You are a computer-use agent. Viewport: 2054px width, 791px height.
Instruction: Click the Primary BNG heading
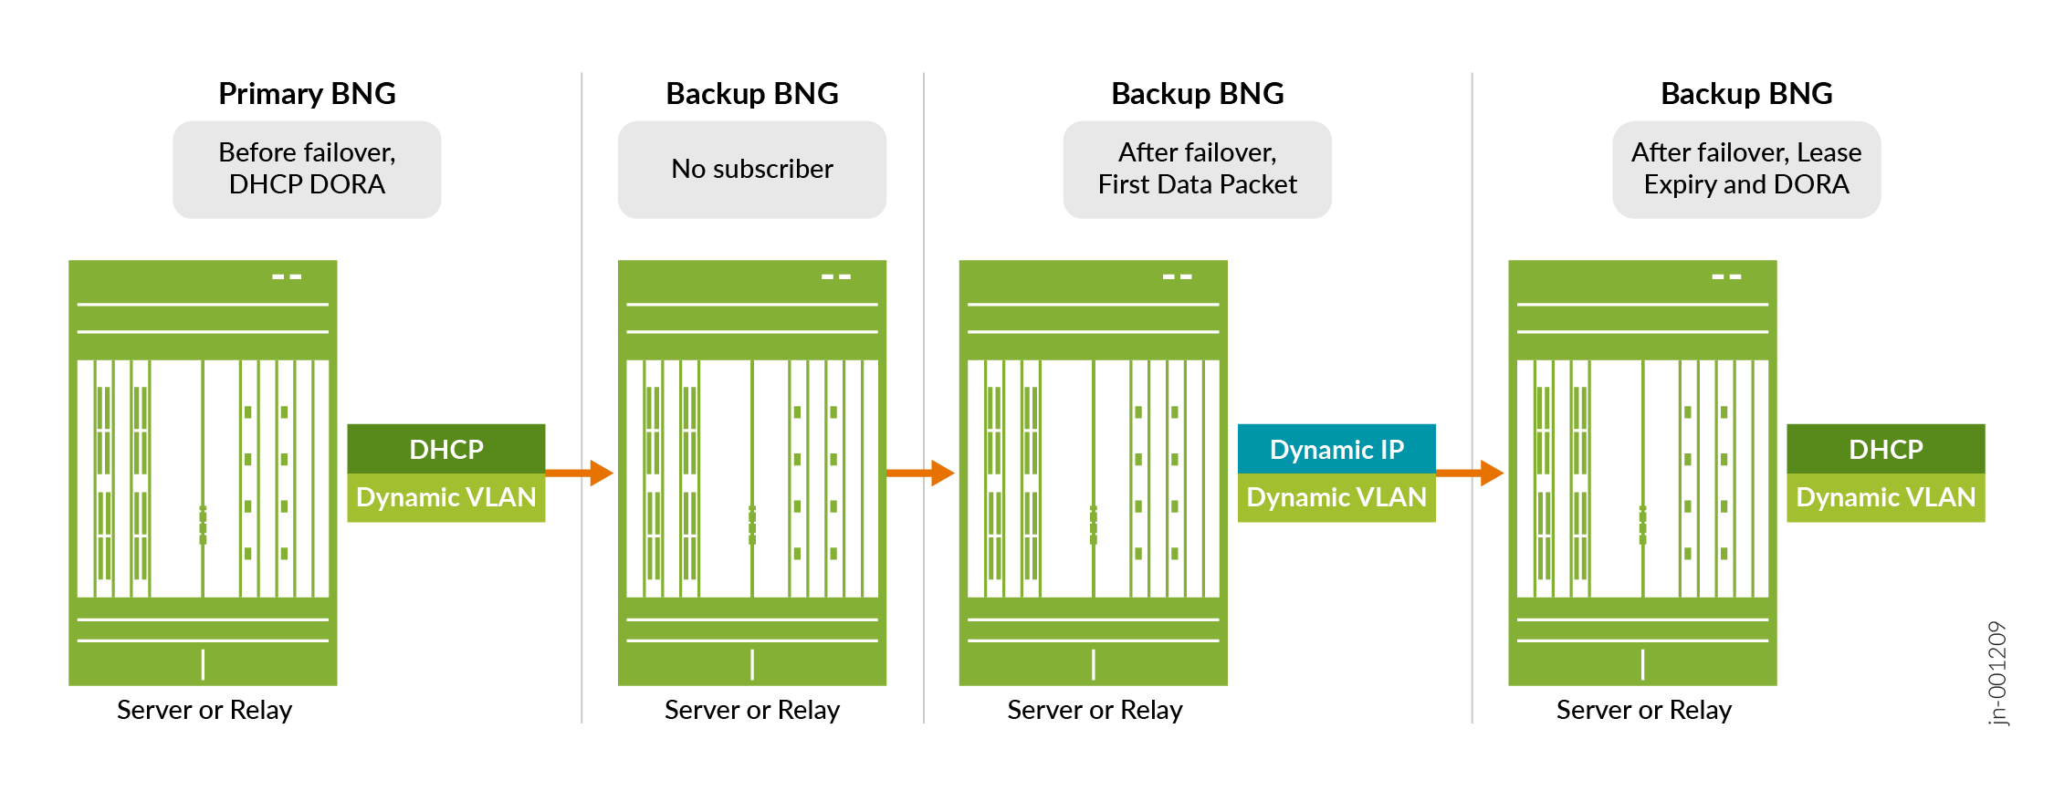coord(307,94)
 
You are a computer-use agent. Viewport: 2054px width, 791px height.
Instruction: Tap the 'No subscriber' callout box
coord(751,170)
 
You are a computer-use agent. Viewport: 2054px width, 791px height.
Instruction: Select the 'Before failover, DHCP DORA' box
coord(307,170)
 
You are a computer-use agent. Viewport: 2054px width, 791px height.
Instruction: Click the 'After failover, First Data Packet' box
coord(1197,170)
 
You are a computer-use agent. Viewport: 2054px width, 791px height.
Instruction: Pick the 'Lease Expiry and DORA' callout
coord(1745,170)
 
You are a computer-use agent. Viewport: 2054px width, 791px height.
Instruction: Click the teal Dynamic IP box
coord(1336,449)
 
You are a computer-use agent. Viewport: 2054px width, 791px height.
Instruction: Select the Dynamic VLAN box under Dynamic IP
coord(1336,497)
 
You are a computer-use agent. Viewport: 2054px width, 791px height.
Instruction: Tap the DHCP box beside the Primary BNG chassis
coord(446,449)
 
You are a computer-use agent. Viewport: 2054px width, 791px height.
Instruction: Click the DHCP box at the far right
coord(1885,449)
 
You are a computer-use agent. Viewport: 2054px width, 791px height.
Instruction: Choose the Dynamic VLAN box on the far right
coord(1885,497)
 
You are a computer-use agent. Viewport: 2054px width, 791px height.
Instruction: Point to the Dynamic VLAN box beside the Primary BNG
coord(446,497)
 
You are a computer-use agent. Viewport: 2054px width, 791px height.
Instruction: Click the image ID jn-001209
coord(1997,673)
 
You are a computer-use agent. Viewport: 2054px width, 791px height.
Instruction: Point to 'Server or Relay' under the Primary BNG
coord(204,710)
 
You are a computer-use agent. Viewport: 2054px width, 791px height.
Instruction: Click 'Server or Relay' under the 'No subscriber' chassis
coord(751,710)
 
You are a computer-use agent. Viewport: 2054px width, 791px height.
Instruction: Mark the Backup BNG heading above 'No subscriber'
coord(751,94)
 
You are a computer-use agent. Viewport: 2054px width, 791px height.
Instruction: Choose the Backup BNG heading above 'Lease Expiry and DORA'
coord(1745,94)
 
